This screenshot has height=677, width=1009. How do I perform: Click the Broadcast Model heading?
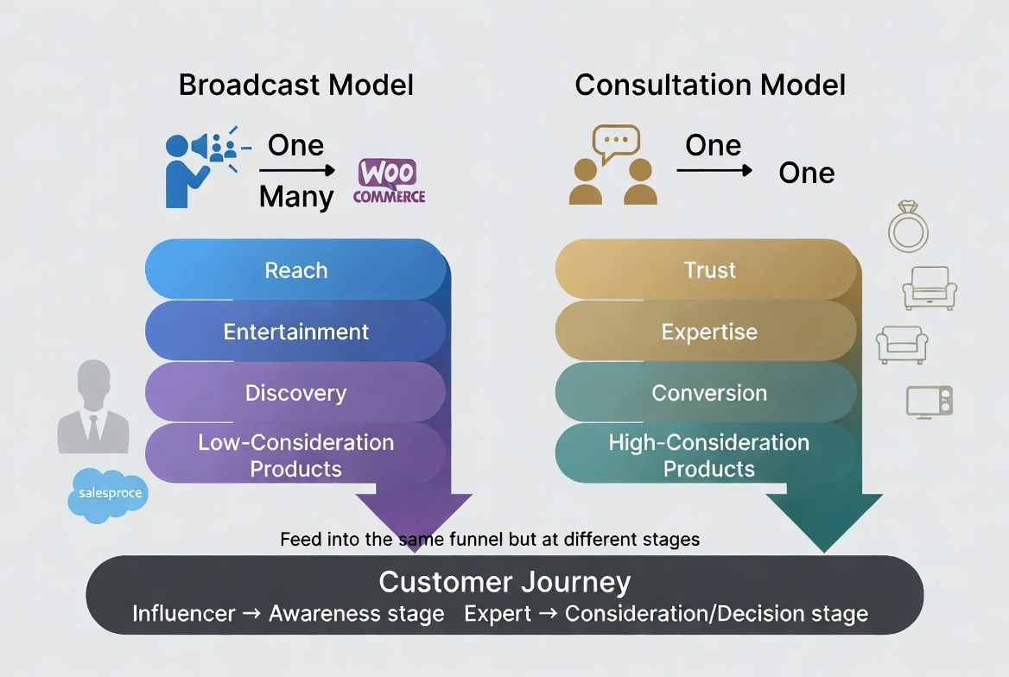(295, 85)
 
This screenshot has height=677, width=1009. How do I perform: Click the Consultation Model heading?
(710, 85)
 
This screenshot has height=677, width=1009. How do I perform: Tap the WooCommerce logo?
(389, 181)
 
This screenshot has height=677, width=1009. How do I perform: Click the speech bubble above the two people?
(616, 141)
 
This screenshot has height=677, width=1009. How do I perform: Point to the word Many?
(295, 197)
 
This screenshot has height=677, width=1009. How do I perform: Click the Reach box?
(295, 270)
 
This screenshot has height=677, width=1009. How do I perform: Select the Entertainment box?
(295, 332)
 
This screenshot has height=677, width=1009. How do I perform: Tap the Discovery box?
(295, 393)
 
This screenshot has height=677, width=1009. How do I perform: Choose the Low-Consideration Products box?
(295, 455)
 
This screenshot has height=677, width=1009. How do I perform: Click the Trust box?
(708, 270)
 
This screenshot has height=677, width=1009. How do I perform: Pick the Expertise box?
(708, 332)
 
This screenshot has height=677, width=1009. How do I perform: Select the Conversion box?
(708, 393)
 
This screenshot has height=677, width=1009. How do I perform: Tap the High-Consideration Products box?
(708, 455)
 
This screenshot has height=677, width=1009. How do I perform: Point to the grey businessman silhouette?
(93, 407)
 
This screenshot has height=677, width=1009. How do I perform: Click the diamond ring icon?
(909, 227)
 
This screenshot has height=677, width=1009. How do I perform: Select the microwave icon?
(930, 402)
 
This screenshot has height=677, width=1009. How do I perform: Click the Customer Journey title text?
(504, 581)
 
